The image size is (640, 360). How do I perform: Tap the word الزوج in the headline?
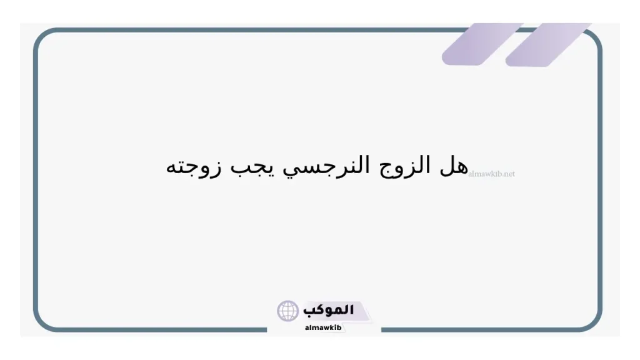(406, 167)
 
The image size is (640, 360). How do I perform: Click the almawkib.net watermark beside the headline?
(492, 174)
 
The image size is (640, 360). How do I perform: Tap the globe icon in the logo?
(288, 311)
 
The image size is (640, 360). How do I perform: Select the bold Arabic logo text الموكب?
(329, 309)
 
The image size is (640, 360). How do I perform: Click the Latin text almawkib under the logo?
(322, 327)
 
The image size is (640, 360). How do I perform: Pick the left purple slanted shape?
(481, 44)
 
